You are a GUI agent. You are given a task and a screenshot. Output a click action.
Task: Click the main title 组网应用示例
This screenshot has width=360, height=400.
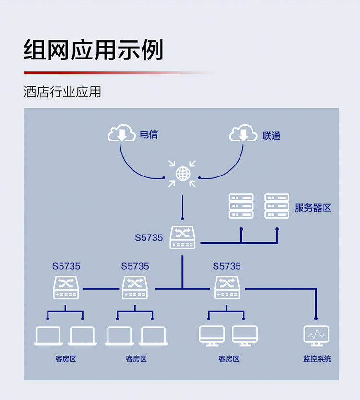coord(94,50)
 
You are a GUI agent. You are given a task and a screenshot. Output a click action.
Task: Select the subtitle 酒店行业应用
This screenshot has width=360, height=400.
coord(62,92)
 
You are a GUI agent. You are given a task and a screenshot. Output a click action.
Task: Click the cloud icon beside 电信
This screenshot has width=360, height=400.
coord(122,133)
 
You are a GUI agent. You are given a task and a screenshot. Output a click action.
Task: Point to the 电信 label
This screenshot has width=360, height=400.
coord(149,134)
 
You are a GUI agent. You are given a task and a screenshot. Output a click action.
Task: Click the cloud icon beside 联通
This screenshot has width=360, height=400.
coord(243,134)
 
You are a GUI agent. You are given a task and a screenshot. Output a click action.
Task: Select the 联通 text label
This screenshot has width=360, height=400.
coord(271,136)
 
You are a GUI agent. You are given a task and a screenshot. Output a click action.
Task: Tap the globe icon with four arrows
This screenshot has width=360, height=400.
coord(182,174)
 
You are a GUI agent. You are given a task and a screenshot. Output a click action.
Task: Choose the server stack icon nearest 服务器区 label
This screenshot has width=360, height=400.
coord(277,206)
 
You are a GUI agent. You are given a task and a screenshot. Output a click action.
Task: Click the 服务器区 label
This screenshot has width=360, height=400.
coord(313,208)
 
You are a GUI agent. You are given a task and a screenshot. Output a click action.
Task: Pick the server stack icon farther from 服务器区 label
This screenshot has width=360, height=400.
coord(241,206)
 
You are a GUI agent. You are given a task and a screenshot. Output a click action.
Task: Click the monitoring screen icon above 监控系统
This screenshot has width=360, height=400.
coord(316,335)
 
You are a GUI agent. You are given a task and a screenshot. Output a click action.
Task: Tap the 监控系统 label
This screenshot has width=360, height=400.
coord(317,359)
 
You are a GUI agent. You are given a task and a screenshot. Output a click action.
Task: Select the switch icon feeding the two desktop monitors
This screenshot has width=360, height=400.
coord(227,288)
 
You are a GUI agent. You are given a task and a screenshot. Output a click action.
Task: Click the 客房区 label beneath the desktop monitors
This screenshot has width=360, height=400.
coord(228,359)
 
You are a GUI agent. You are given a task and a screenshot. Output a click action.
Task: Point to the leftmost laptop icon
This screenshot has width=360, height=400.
coord(48,336)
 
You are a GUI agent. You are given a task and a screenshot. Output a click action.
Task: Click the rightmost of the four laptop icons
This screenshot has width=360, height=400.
coord(153,336)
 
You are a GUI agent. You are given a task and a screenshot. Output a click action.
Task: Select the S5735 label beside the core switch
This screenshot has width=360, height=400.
coord(149,237)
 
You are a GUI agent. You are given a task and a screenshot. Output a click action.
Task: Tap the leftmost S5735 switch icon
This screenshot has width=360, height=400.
coord(66,288)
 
